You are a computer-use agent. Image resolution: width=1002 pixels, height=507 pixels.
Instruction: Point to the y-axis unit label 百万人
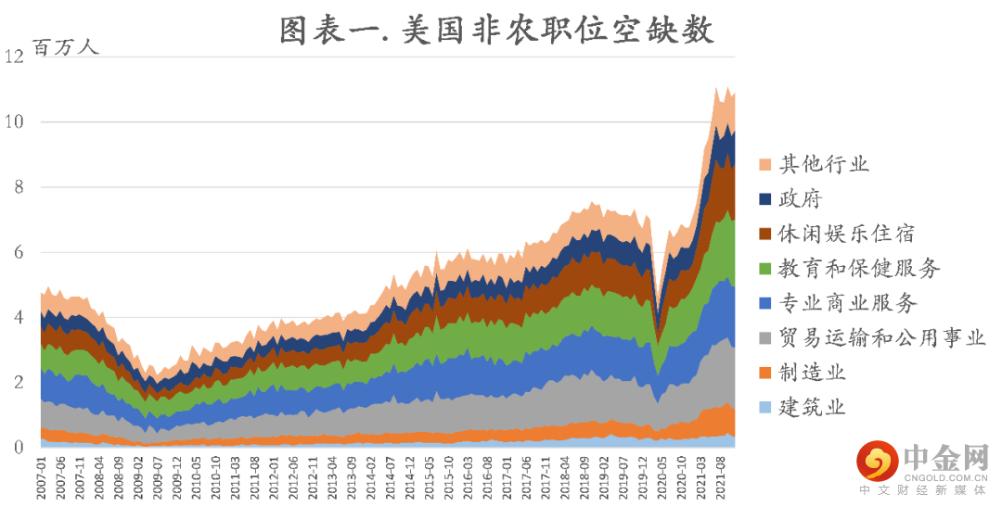[x=65, y=47]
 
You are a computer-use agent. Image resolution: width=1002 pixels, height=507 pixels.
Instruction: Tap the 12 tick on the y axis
[x=14, y=57]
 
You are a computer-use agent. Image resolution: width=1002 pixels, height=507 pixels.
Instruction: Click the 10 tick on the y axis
[x=14, y=121]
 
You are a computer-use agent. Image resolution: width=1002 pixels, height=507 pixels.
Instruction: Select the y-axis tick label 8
[x=18, y=187]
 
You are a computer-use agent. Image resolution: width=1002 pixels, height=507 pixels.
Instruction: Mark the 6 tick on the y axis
[x=18, y=252]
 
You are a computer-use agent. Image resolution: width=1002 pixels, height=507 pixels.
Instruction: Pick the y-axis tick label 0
[x=18, y=448]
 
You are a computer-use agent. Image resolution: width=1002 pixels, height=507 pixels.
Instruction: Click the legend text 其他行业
[x=824, y=165]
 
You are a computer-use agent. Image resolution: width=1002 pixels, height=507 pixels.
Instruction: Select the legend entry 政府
[x=800, y=199]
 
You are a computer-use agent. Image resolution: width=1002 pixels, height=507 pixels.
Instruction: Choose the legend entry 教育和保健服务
[x=859, y=269]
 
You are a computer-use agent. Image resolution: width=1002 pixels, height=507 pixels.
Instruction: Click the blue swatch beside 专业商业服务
[x=764, y=304]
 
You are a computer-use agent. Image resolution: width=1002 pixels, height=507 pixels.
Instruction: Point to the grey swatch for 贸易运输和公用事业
[x=764, y=338]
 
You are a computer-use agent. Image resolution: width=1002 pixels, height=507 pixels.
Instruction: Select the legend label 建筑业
[x=812, y=407]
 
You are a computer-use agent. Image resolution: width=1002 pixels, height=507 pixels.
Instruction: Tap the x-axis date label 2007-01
[x=42, y=476]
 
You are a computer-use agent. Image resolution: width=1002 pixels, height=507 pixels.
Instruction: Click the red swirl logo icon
[x=876, y=460]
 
